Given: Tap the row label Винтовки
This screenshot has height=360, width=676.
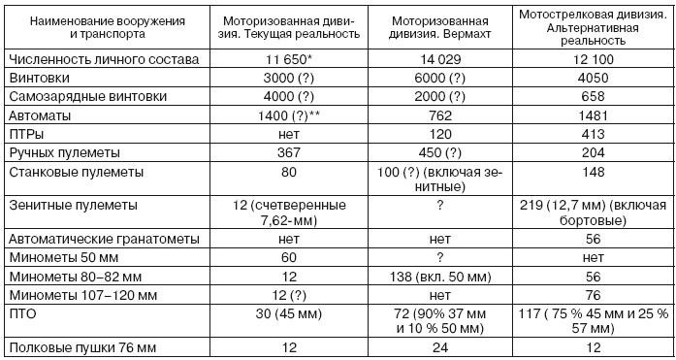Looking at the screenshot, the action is pyautogui.click(x=35, y=79).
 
